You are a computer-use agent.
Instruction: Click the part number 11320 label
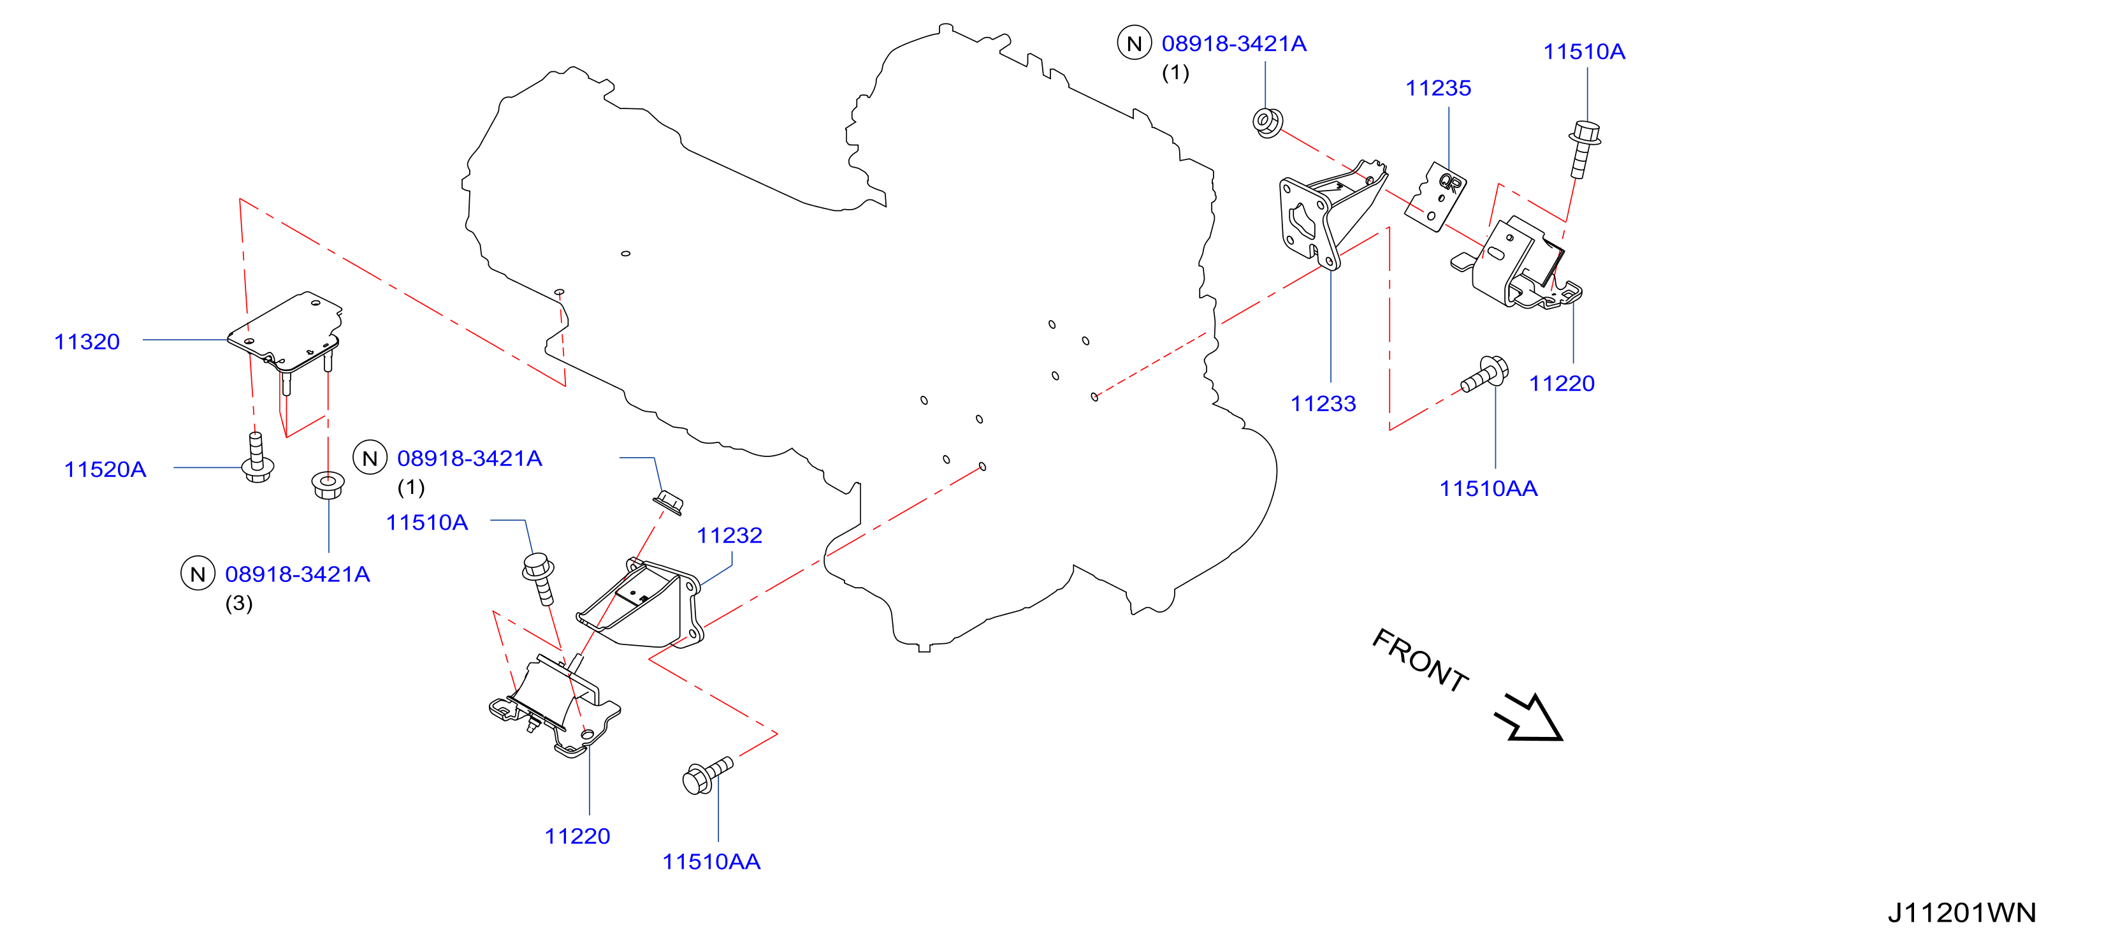point(87,342)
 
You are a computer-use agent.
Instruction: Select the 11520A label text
point(105,469)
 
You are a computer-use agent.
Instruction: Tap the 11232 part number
point(729,535)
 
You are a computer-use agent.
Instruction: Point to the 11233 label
point(1323,404)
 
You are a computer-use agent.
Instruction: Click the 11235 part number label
point(1438,88)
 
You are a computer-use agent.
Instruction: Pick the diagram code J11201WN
point(1962,912)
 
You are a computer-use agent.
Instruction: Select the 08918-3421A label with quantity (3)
point(298,574)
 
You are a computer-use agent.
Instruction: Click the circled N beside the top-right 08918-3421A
point(1135,43)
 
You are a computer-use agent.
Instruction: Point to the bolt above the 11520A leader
point(257,458)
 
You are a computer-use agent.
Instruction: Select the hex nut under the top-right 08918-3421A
point(1267,122)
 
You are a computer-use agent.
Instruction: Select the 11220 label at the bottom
point(577,836)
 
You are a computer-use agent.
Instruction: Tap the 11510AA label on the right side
point(1488,489)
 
